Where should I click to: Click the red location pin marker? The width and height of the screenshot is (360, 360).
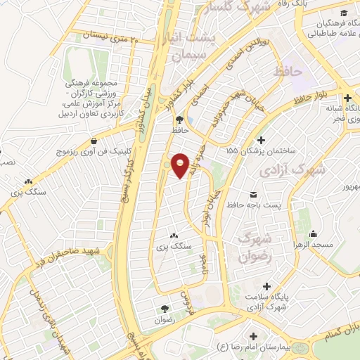pyautogui.click(x=181, y=165)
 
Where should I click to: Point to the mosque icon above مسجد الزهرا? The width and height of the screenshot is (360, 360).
pyautogui.click(x=314, y=232)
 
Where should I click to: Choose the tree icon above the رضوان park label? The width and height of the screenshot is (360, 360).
pyautogui.click(x=165, y=309)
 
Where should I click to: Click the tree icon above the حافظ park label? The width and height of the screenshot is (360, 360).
pyautogui.click(x=179, y=120)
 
